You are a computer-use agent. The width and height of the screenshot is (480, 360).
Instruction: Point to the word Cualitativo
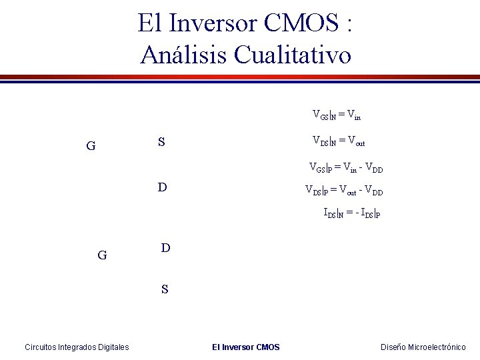293,55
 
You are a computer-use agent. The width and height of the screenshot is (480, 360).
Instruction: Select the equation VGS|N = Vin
337,114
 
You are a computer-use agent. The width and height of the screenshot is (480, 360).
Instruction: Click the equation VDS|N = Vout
339,141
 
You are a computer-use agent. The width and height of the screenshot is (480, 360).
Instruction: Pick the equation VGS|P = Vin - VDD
346,167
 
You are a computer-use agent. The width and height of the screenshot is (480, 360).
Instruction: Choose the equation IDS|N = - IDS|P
351,214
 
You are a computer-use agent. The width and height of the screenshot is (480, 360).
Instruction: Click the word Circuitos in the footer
42,347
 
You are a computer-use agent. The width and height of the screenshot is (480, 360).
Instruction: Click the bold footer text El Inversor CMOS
245,347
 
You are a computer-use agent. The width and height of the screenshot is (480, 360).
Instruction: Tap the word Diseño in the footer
393,347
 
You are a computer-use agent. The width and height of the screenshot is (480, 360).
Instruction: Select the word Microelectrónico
437,347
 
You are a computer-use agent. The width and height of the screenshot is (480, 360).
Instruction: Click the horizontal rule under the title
240,77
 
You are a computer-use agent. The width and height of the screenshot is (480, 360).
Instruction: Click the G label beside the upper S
91,145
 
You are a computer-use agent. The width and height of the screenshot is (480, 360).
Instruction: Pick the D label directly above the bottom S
166,248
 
